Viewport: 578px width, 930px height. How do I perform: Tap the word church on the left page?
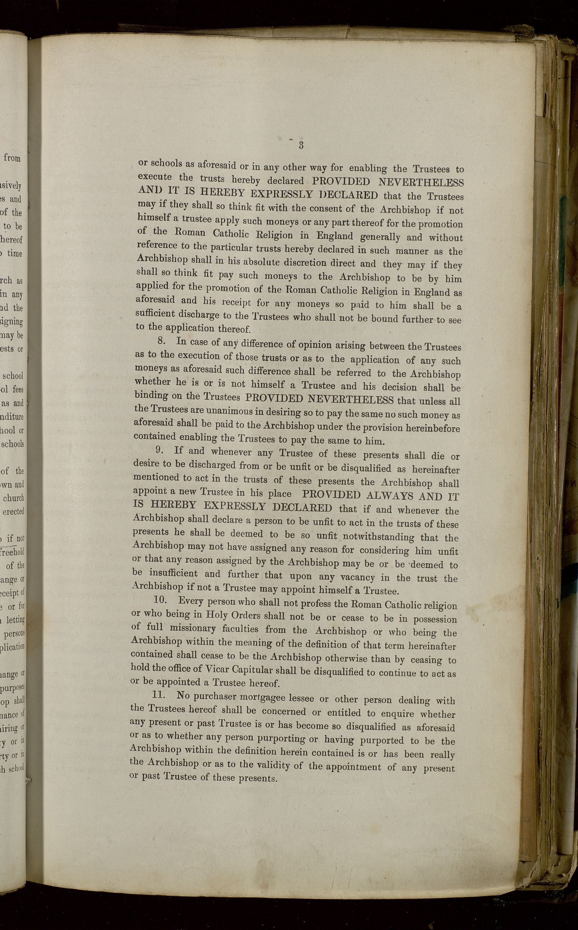(x=14, y=498)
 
